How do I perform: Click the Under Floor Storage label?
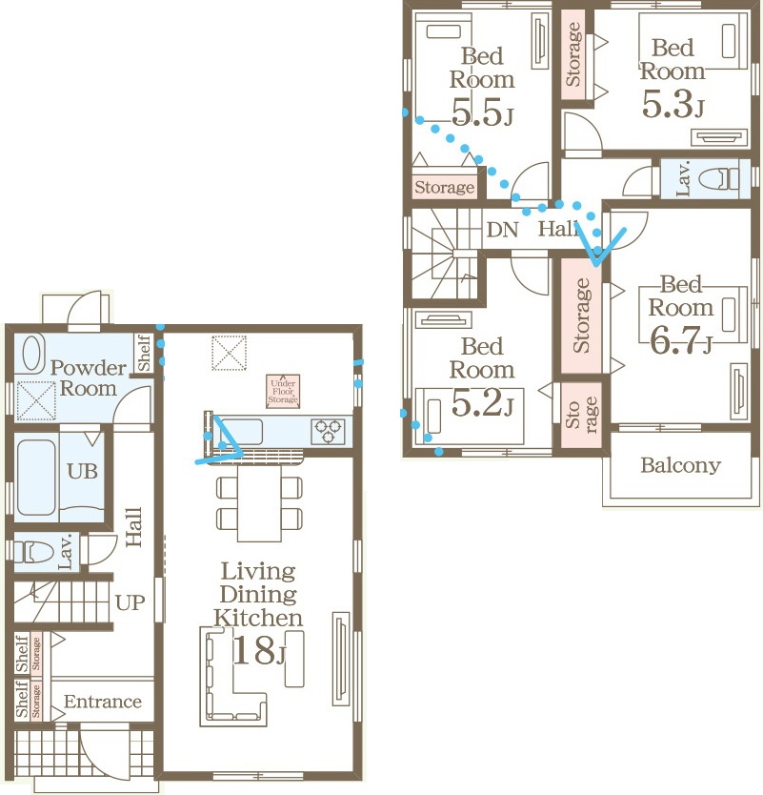point(283,391)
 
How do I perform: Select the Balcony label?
point(680,465)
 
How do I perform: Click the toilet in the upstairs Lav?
point(718,179)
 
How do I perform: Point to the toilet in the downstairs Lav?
point(33,551)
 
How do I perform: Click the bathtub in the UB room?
point(36,478)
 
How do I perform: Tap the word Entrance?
point(103,702)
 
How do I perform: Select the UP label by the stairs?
point(131,602)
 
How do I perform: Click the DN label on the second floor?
point(502,230)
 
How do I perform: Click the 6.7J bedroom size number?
point(680,340)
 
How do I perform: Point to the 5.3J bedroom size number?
point(673,104)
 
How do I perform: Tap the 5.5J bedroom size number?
point(482,112)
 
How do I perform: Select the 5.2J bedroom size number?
point(482,402)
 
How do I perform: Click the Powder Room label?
point(89,378)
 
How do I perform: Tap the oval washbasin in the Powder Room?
point(34,354)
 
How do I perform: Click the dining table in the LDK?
point(259,503)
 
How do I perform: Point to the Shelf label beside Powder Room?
point(145,353)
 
